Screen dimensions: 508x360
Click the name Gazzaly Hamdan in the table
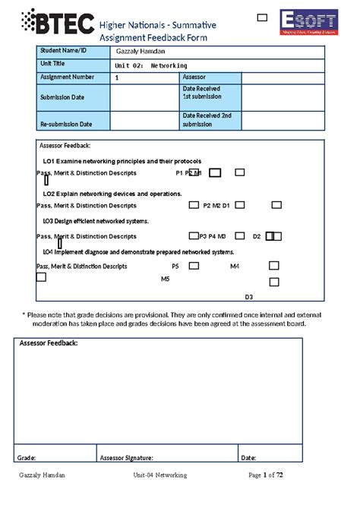(141, 51)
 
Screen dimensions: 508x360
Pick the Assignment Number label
(68, 77)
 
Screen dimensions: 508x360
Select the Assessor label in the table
(196, 77)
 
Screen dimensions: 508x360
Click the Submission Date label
(62, 97)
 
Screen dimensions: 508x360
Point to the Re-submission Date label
(66, 124)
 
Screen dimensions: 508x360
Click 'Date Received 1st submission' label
(202, 93)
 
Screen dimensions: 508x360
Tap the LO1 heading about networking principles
(122, 162)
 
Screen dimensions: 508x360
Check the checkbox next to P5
(194, 266)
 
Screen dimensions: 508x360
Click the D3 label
(248, 297)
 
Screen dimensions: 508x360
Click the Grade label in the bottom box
(27, 458)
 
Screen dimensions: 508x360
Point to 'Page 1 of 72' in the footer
(266, 475)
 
